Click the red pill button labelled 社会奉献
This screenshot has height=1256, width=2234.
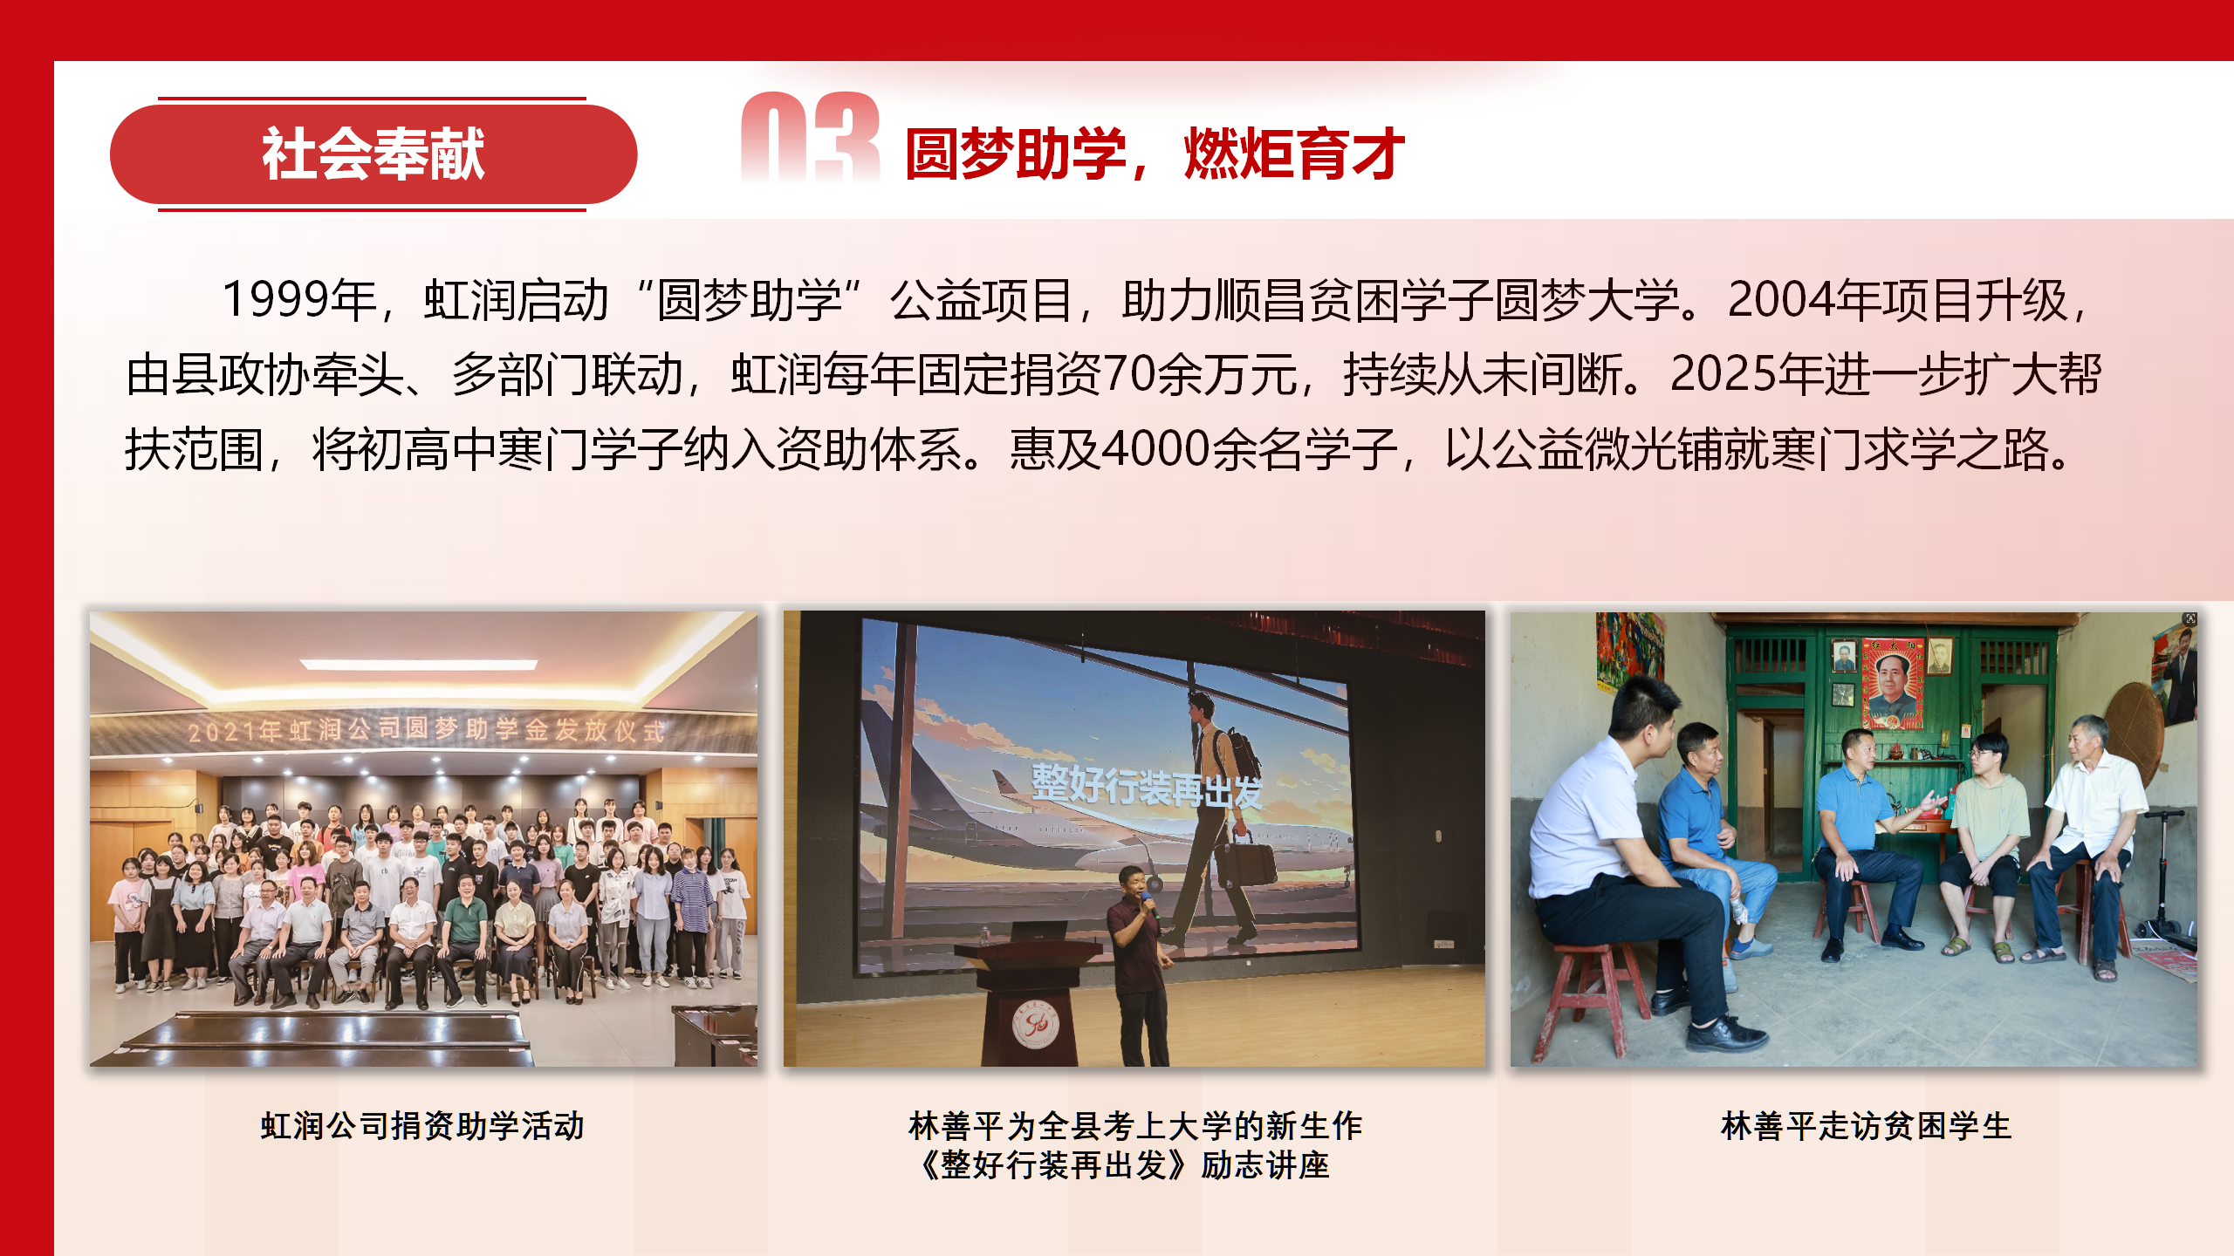pos(373,154)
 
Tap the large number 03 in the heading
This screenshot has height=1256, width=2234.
pos(810,138)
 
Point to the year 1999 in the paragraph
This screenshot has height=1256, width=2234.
pos(276,299)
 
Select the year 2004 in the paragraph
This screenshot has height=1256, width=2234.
pos(1780,299)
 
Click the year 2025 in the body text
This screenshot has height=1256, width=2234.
pos(1723,374)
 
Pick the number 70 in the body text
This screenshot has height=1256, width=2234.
pos(1130,374)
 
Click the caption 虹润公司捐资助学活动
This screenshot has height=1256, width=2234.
pos(422,1126)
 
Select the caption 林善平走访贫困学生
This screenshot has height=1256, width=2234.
pos(1866,1126)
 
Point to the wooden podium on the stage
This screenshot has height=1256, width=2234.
pos(1030,1003)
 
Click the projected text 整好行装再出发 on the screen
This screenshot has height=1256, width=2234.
pos(1147,786)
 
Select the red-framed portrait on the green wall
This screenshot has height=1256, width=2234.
pos(1892,683)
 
